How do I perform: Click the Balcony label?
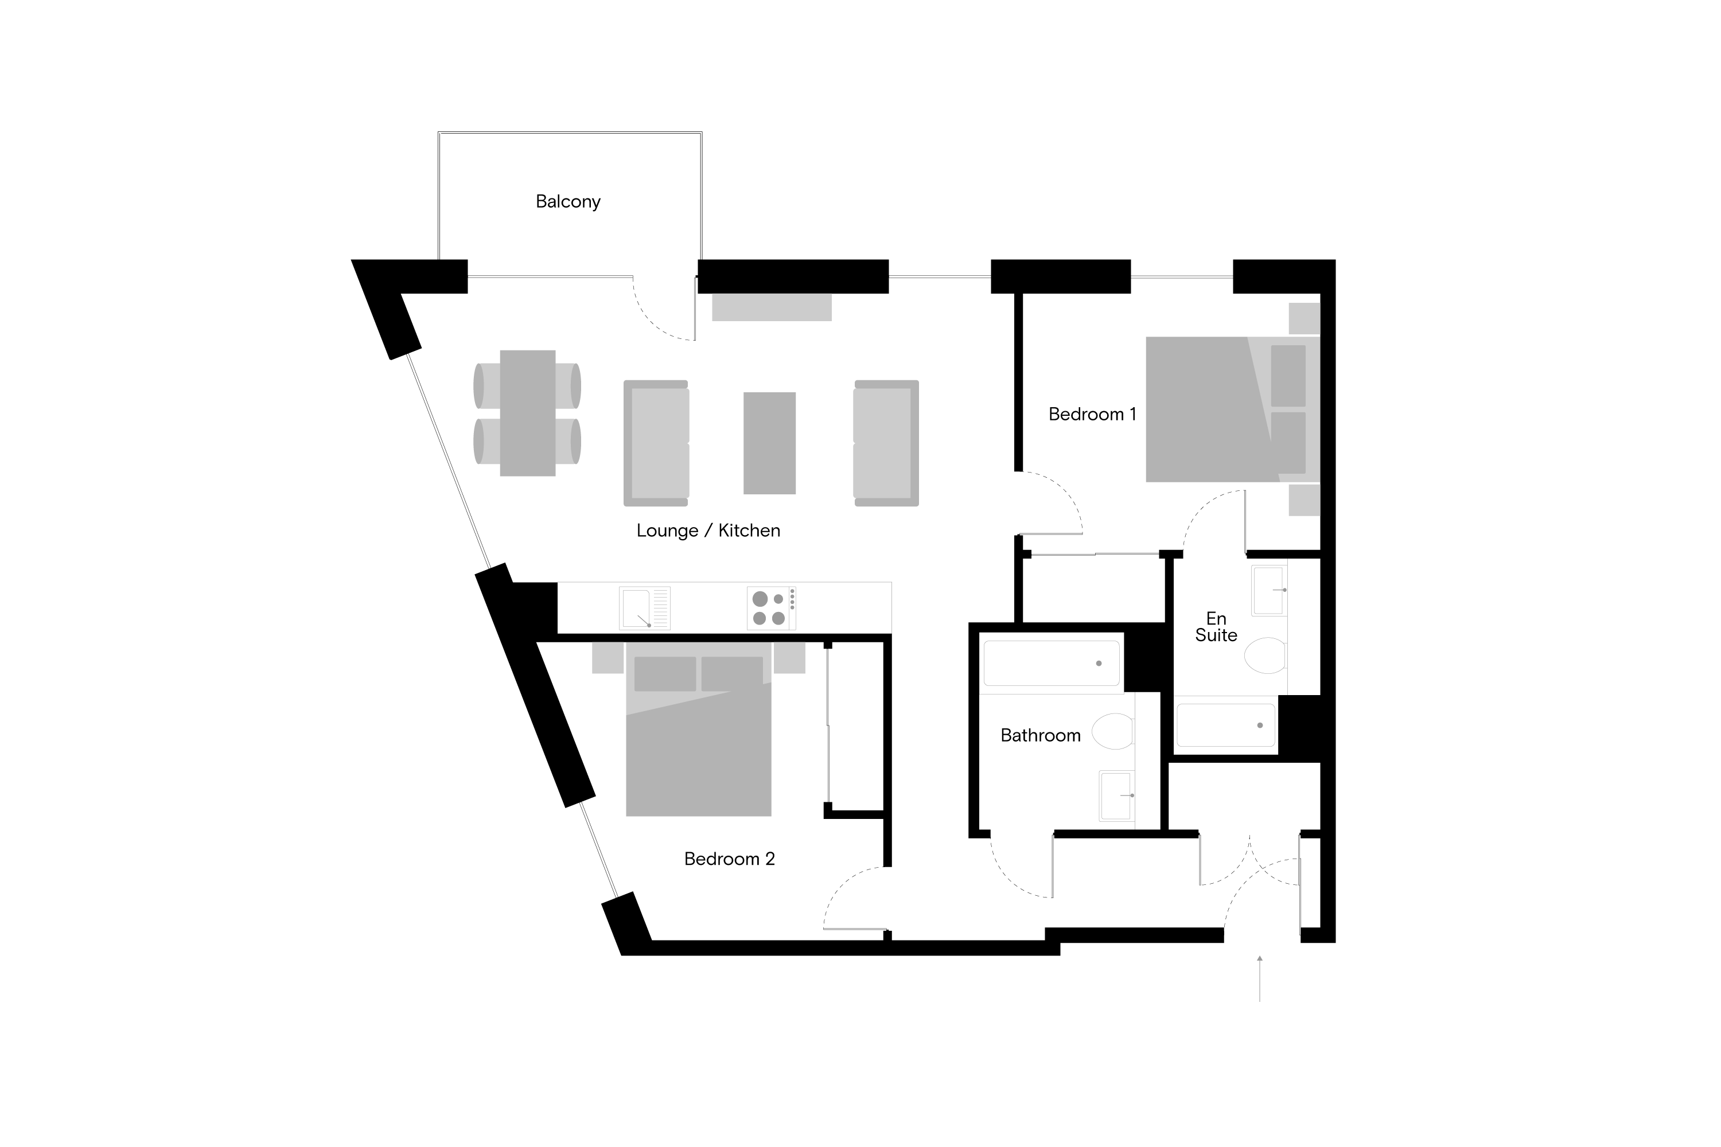pos(568,202)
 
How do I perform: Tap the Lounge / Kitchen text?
pos(708,530)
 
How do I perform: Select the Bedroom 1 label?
pos(1092,414)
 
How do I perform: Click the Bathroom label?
pos(1041,735)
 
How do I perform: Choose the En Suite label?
pos(1216,627)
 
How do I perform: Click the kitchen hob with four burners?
pos(771,608)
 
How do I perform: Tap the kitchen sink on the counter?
pos(645,608)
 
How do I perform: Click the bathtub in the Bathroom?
pos(1052,664)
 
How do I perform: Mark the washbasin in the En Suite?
pos(1269,590)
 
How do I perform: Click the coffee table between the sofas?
pos(770,443)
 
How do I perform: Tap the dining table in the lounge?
pos(528,413)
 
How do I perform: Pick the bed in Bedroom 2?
pos(699,728)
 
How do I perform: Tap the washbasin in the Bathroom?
pos(1116,796)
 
